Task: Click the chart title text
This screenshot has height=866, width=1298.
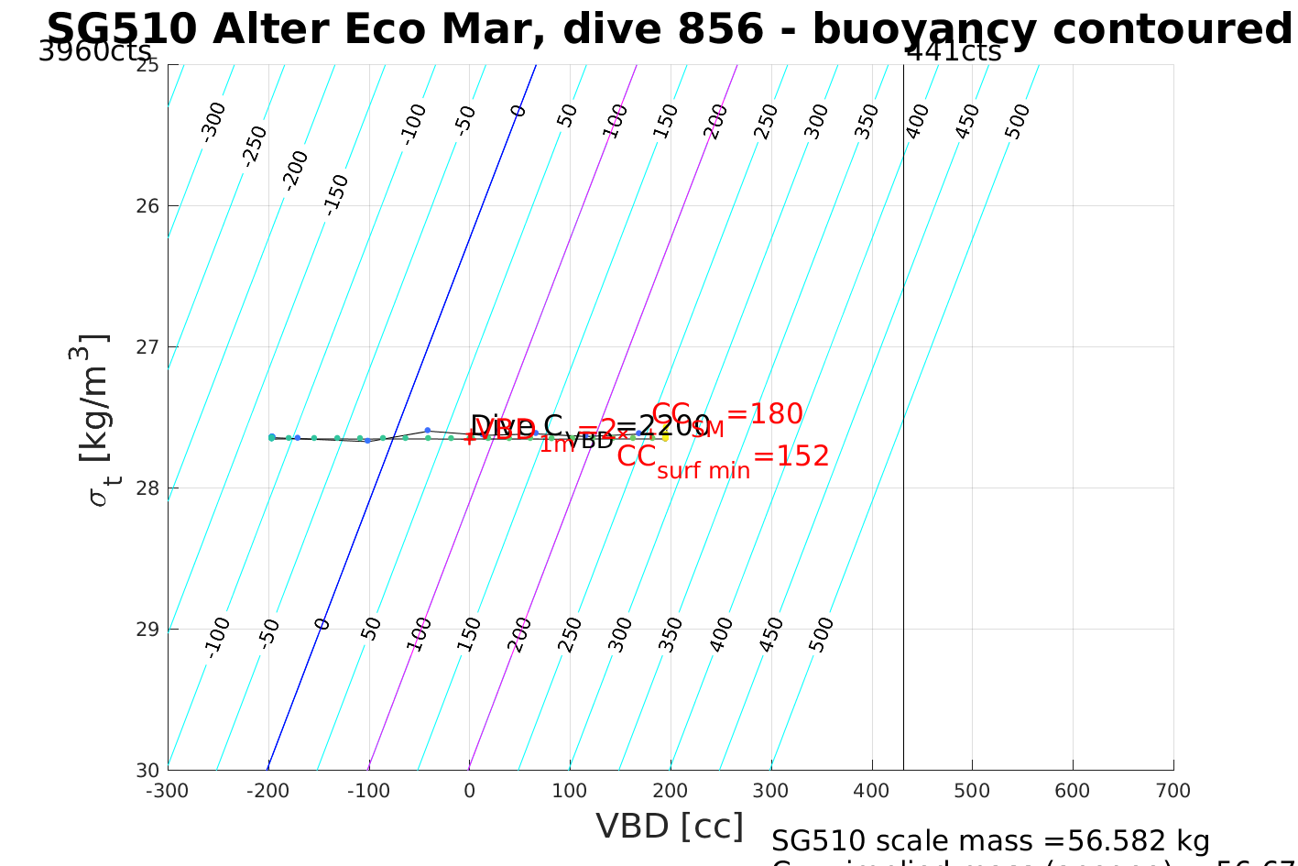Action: click(669, 29)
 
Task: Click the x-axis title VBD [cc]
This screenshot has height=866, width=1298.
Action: click(670, 826)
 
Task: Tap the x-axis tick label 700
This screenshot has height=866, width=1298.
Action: click(1173, 791)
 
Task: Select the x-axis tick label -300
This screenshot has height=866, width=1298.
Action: click(168, 791)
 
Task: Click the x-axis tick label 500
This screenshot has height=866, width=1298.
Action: click(972, 791)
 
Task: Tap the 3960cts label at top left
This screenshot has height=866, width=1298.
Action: click(94, 51)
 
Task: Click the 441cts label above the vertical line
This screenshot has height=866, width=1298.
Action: click(954, 51)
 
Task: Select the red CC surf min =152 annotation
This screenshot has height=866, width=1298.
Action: click(723, 458)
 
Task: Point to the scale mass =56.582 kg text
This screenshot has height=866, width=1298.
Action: click(990, 840)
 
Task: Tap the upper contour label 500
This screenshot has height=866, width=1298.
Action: click(1017, 121)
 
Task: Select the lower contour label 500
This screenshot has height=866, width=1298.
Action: click(822, 634)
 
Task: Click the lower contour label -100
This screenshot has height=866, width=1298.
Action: click(217, 637)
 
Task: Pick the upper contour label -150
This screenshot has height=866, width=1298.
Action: click(336, 194)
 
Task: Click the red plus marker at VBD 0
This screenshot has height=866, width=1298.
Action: click(469, 437)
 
